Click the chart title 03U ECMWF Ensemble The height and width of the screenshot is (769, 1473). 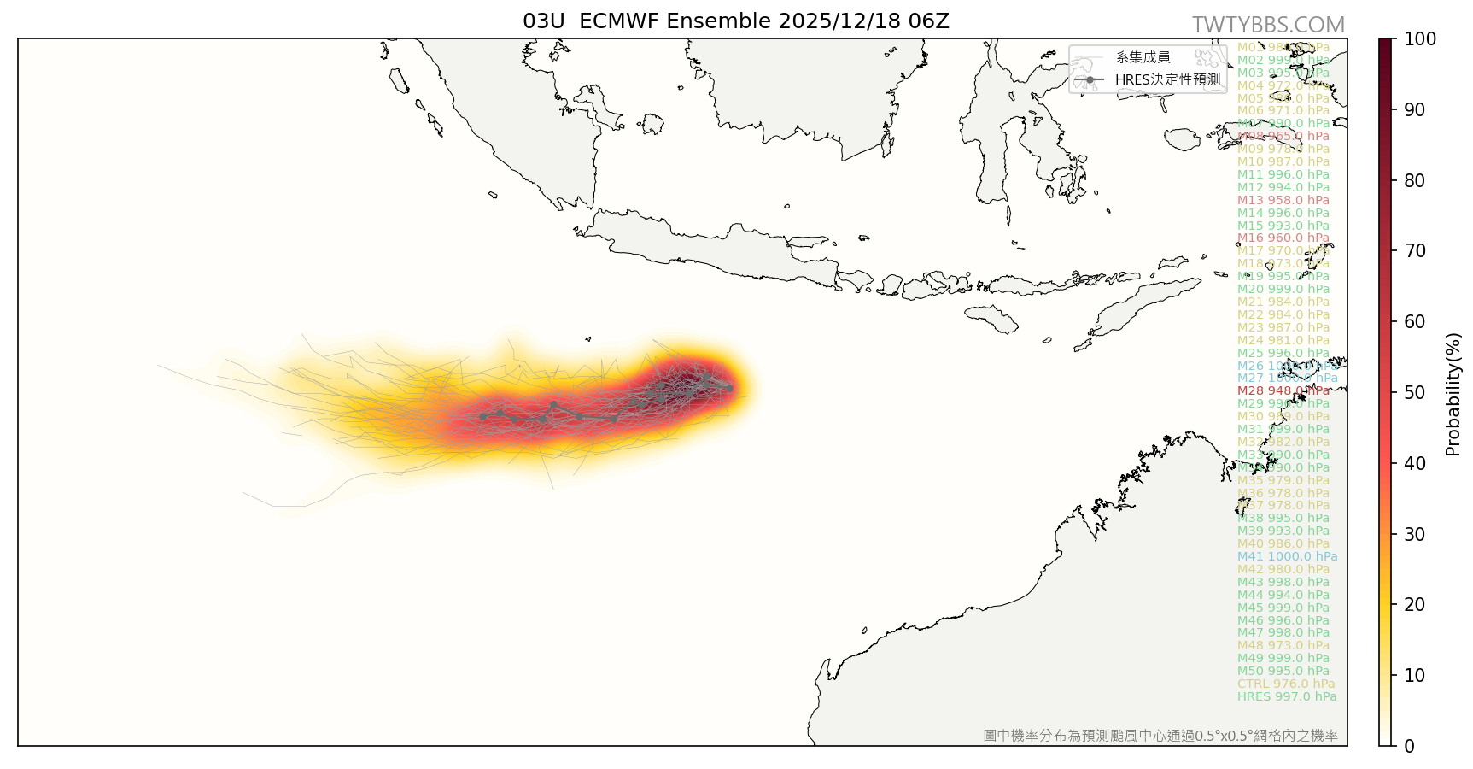(x=736, y=21)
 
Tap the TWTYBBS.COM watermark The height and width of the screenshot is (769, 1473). (x=1268, y=26)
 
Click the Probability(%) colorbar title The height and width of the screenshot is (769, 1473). (x=1453, y=393)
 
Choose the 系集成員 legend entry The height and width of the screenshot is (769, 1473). (x=1143, y=58)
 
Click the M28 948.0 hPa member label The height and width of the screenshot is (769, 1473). (x=1283, y=391)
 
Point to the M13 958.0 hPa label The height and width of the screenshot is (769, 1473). (x=1283, y=201)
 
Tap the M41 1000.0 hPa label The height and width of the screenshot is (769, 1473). (x=1287, y=557)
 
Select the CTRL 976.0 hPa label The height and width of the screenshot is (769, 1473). (x=1286, y=684)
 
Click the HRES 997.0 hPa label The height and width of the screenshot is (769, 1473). (x=1287, y=697)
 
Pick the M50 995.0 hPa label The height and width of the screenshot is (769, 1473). (x=1283, y=672)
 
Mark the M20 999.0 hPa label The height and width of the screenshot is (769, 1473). (x=1283, y=290)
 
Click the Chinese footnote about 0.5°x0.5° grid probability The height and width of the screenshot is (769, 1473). (x=1160, y=736)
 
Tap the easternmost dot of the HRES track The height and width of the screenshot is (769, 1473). (x=729, y=388)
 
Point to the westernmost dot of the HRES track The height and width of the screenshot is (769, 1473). (x=483, y=417)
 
